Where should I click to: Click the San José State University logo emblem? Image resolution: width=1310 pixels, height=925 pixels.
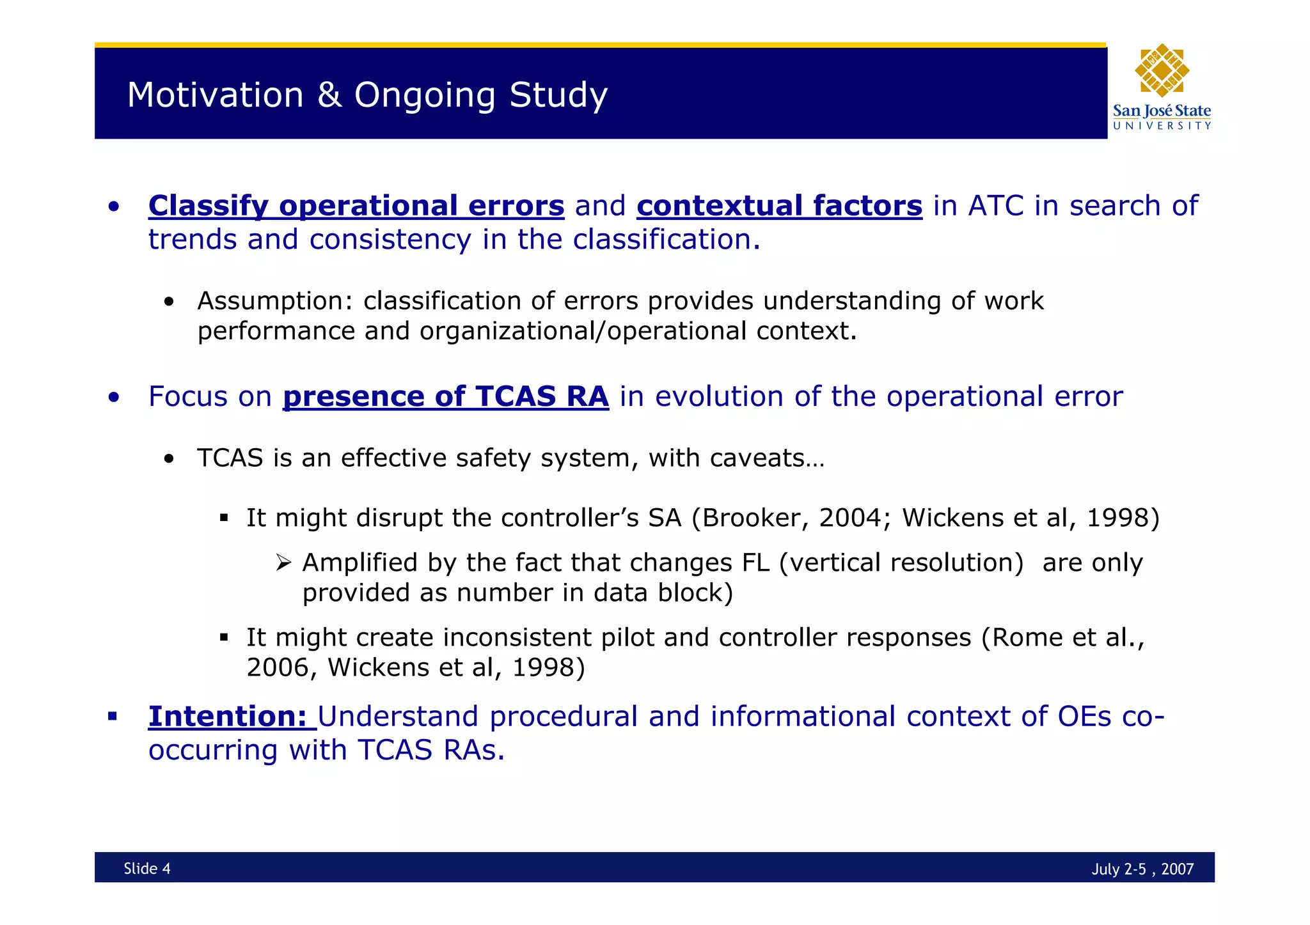coord(1162,70)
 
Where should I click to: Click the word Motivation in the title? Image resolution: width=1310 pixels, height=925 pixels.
coord(215,95)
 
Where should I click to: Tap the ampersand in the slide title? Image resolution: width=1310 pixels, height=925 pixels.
coord(329,95)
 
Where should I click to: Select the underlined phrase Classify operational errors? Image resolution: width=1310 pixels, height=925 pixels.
coord(356,206)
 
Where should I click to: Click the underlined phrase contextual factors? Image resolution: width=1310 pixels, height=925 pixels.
coord(779,206)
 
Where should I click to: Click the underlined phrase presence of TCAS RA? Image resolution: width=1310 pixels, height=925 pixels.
coord(446,396)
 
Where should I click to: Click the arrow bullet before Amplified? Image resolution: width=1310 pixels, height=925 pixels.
coord(283,563)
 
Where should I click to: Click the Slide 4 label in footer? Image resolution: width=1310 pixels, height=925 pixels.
coord(147,868)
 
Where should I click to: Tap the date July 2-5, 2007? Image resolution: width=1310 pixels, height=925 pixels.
coord(1142,869)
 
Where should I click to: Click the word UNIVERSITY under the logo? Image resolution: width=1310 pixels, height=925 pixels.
coord(1162,126)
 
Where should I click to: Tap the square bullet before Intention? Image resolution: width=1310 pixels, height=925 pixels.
coord(113,716)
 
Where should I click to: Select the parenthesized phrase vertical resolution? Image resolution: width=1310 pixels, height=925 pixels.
coord(902,563)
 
